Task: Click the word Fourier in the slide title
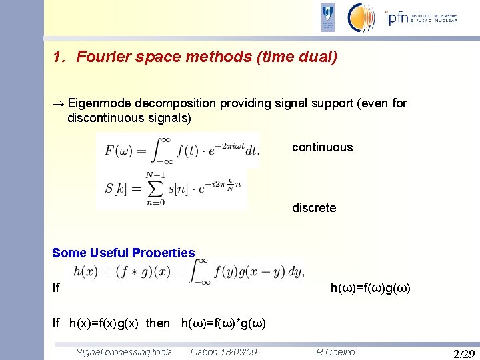pos(100,57)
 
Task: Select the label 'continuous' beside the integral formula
pos(322,147)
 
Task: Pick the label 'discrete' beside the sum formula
pos(314,208)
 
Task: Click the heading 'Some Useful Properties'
pos(123,253)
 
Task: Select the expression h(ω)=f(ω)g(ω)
pos(370,289)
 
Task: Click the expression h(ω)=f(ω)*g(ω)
pos(223,323)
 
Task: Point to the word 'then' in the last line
pos(157,323)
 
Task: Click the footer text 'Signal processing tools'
pos(124,352)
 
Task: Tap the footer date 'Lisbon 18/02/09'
pos(223,352)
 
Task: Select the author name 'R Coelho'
pos(335,352)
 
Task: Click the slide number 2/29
pos(463,353)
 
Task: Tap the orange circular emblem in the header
pos(362,17)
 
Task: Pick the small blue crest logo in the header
pos(327,17)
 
